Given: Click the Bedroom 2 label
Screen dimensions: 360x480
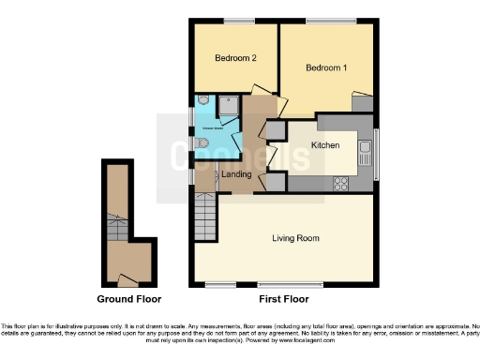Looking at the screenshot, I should (x=235, y=58).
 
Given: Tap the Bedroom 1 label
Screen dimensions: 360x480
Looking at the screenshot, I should (x=326, y=67).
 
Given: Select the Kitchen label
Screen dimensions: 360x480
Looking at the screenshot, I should (x=324, y=145).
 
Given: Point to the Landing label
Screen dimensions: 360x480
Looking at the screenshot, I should (x=234, y=173).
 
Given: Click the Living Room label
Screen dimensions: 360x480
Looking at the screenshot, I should (x=295, y=239).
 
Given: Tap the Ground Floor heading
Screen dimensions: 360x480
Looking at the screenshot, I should (x=129, y=299).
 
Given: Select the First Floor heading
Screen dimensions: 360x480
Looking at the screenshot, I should (x=283, y=299).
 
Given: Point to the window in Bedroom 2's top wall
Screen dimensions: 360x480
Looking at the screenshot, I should (x=238, y=21).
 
